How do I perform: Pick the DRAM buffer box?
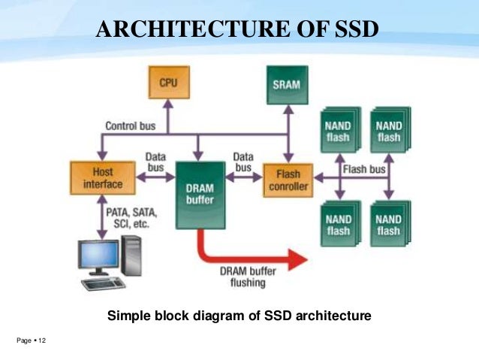199,194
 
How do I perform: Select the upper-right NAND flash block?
388,131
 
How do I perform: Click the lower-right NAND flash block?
388,224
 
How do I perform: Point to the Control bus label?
131,126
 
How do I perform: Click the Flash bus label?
363,170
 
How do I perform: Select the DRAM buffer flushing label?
248,278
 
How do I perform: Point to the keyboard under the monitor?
104,283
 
